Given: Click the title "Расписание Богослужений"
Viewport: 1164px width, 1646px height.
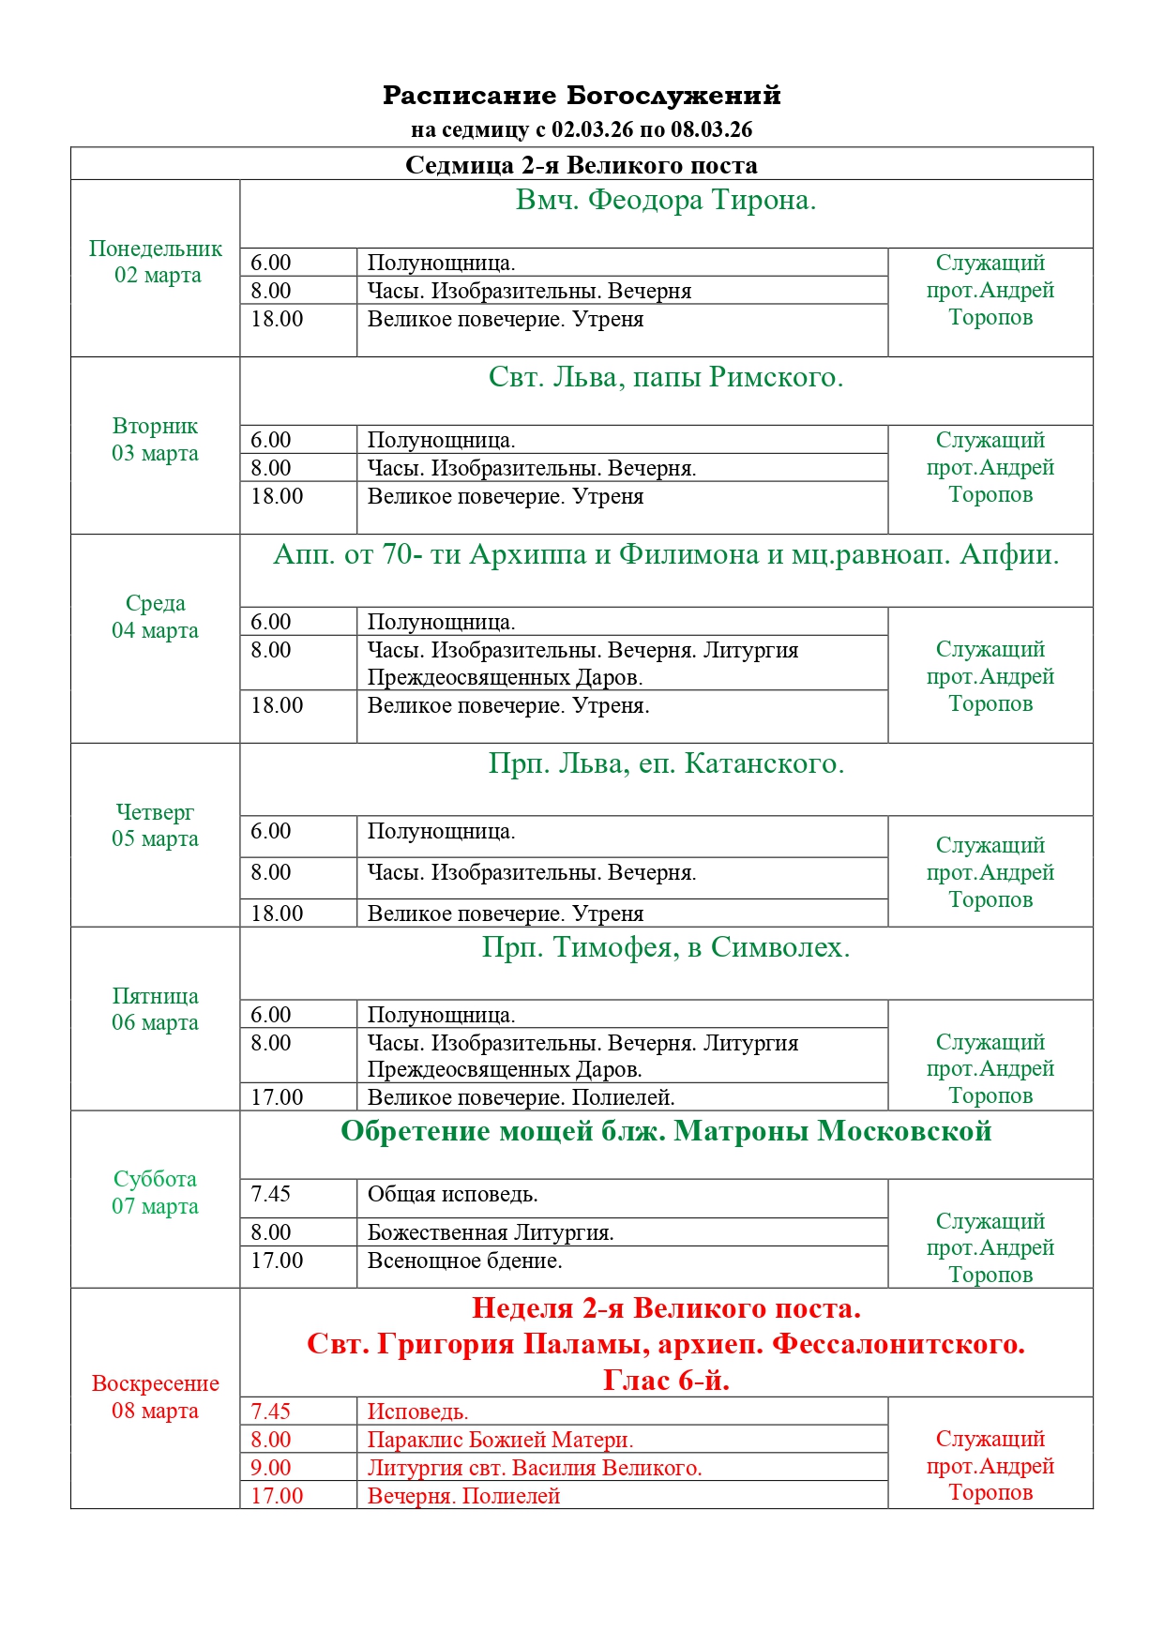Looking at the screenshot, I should (x=582, y=96).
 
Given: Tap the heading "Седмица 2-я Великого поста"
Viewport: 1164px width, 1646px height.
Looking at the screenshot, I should (x=582, y=165).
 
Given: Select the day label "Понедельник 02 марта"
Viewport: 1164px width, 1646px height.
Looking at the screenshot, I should (x=156, y=262).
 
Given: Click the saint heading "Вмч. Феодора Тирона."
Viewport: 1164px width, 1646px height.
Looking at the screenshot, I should (x=666, y=200).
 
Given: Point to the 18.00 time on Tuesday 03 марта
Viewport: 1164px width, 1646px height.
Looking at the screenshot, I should (x=277, y=496).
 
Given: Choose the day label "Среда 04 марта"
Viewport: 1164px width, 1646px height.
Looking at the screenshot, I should (x=156, y=616).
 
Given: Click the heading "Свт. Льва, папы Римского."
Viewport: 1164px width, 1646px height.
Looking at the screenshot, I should (x=666, y=377).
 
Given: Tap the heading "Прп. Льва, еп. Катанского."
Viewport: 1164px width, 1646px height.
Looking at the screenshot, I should (x=666, y=763).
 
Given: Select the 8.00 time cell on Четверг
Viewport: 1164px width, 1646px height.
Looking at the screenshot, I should (x=271, y=872).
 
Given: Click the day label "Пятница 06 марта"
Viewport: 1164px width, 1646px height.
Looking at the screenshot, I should (x=156, y=1009).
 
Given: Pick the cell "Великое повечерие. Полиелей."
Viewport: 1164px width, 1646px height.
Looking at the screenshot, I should (x=522, y=1097).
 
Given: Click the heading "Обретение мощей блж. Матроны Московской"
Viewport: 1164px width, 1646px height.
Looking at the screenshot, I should (x=666, y=1131).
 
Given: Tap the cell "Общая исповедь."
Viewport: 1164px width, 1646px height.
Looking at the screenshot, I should (x=453, y=1194).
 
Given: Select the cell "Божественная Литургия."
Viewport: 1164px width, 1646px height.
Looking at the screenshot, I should (x=491, y=1232).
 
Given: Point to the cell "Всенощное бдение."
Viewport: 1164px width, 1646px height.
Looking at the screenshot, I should (x=465, y=1261).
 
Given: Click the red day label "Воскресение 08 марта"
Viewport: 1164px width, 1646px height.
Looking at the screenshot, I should (x=156, y=1397).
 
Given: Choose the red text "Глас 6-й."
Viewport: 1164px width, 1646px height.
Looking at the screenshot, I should (x=666, y=1380).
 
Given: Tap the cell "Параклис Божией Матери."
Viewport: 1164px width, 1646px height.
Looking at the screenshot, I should (x=500, y=1440).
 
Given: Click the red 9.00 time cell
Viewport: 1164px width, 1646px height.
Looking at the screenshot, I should (x=271, y=1468).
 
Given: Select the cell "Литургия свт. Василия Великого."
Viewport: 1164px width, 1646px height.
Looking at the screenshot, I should (x=535, y=1468).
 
